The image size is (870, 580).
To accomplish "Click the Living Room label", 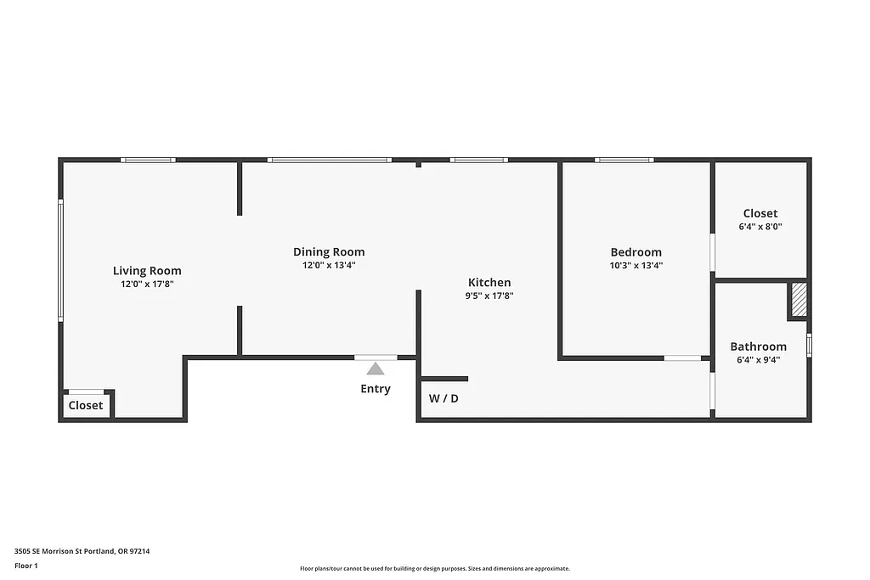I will point(147,271).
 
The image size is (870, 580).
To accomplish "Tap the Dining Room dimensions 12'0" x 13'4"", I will point(329,265).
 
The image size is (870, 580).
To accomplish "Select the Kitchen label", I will point(489,283).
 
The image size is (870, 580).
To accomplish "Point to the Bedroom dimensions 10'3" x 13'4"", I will point(636,265).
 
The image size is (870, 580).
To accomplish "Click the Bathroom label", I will point(758,346).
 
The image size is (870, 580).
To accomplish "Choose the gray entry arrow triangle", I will point(376,368).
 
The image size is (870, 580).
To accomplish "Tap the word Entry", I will point(376,389).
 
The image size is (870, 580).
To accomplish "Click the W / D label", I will point(443,398).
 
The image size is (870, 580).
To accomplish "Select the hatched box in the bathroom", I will point(799,300).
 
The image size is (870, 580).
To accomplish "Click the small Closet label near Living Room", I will point(86,405).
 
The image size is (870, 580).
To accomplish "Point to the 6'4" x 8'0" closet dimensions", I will point(760,227).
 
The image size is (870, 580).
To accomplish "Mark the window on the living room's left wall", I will point(60,260).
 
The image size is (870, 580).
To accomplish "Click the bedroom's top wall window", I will point(624,160).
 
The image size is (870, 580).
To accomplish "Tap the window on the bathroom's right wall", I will point(809,346).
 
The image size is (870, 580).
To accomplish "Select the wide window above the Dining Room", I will point(329,160).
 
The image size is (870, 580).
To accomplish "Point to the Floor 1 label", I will point(26,566).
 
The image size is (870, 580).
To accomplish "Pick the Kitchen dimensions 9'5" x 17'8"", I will point(489,296).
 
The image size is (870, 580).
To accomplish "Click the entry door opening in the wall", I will point(376,358).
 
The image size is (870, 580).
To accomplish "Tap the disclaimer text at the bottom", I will point(434,569).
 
